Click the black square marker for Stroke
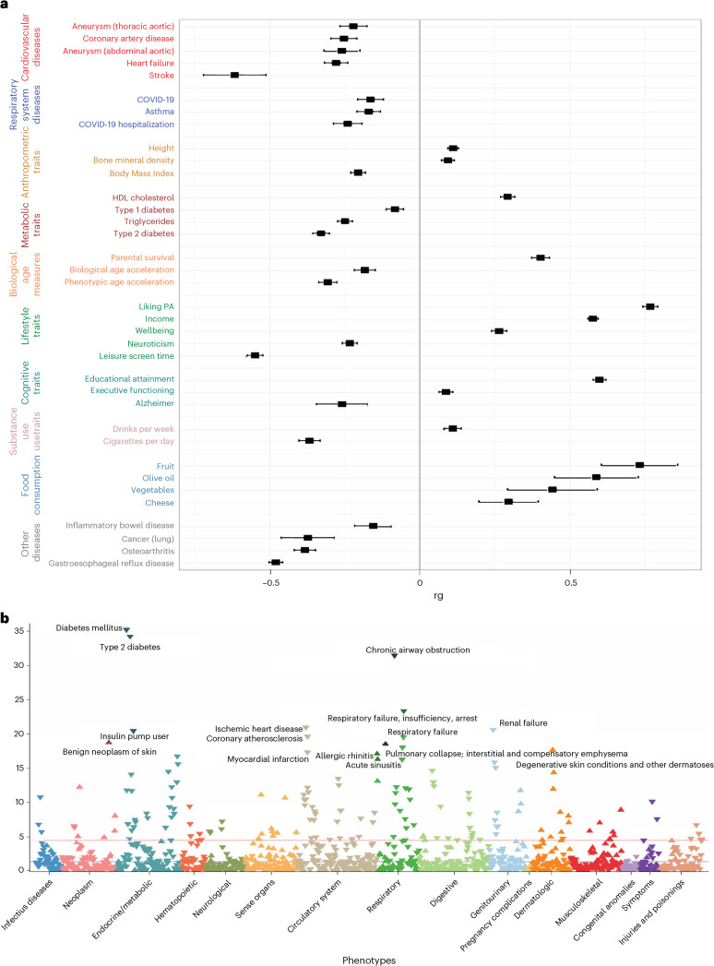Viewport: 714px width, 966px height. (234, 75)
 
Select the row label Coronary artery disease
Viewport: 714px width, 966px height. (128, 38)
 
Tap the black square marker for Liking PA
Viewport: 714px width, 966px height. (650, 306)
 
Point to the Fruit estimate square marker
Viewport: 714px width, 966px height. (639, 465)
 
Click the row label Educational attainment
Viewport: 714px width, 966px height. (129, 379)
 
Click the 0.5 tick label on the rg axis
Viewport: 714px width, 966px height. (571, 583)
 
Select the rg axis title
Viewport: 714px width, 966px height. (438, 596)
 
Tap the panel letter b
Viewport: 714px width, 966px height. (5, 616)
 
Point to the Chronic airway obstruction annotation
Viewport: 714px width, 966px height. (418, 650)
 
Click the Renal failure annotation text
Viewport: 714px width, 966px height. (523, 723)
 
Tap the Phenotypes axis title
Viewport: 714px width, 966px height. (369, 960)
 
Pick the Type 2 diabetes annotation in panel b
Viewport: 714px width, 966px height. (130, 647)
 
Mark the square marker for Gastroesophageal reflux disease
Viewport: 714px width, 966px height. (276, 563)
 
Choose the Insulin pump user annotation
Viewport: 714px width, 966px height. (135, 736)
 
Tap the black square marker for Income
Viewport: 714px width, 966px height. (592, 318)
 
